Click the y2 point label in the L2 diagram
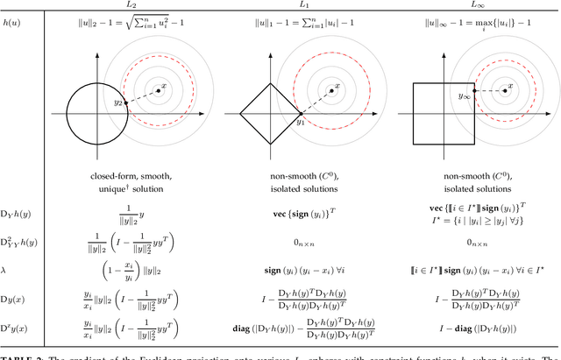click(x=117, y=103)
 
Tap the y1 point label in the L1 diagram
click(x=298, y=123)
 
